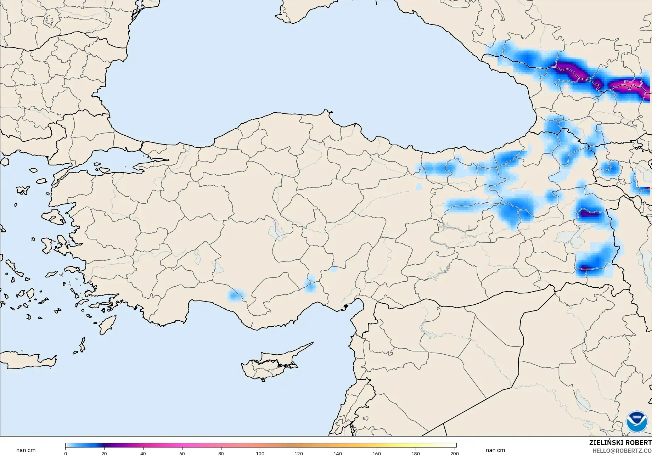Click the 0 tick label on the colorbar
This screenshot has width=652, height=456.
[66, 454]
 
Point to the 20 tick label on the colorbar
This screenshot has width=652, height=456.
[104, 454]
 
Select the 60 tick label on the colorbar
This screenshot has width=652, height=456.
[182, 454]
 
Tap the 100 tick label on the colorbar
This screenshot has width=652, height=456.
[260, 454]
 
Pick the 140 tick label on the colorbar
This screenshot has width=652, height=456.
[338, 454]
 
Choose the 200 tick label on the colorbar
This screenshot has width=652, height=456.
[455, 454]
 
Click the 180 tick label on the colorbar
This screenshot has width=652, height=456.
[416, 454]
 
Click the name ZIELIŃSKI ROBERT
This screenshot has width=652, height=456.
[620, 443]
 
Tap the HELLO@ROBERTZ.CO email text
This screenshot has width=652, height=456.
[622, 451]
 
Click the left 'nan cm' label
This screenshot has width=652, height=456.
[26, 450]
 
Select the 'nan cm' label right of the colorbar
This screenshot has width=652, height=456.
[495, 450]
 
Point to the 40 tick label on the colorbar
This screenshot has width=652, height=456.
[143, 454]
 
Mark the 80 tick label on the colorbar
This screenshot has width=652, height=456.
[221, 454]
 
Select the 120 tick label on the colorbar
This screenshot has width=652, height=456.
[299, 454]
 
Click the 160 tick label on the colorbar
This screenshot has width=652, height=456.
[377, 454]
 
